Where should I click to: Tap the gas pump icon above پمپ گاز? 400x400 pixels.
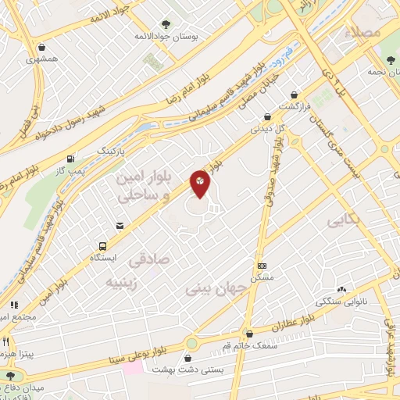(71, 157)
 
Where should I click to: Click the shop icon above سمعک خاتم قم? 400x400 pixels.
(250, 334)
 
